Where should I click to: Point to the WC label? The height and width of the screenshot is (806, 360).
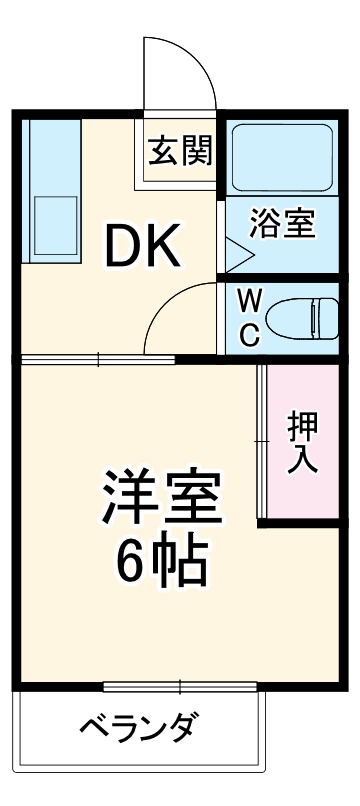pos(250,315)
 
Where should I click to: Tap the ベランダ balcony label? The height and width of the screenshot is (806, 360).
pos(139,728)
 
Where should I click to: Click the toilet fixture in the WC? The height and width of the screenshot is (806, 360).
pos(300,317)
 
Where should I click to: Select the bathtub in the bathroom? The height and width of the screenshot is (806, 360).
pos(282,159)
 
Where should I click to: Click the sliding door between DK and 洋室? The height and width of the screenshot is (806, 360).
pos(100,358)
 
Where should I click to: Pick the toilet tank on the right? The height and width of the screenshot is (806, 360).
pos(326,317)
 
